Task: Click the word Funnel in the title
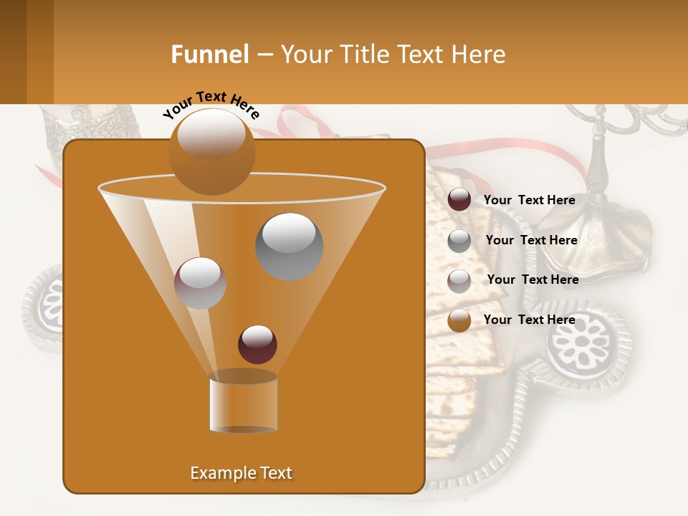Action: pyautogui.click(x=210, y=54)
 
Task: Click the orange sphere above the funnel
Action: pyautogui.click(x=211, y=151)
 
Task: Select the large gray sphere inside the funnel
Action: pyautogui.click(x=290, y=246)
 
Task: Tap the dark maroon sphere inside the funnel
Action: pyautogui.click(x=257, y=344)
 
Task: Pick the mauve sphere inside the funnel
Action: pyautogui.click(x=201, y=283)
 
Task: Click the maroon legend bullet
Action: pyautogui.click(x=459, y=200)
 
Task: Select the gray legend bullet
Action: pyautogui.click(x=459, y=241)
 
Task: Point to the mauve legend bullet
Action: pyautogui.click(x=459, y=281)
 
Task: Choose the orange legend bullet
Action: pyautogui.click(x=459, y=320)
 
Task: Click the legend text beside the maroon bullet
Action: pyautogui.click(x=529, y=200)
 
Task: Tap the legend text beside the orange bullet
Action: pyautogui.click(x=529, y=320)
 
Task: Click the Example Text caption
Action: pyautogui.click(x=241, y=473)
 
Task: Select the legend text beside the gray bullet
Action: pyautogui.click(x=531, y=240)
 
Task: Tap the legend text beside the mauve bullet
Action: pyautogui.click(x=532, y=279)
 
